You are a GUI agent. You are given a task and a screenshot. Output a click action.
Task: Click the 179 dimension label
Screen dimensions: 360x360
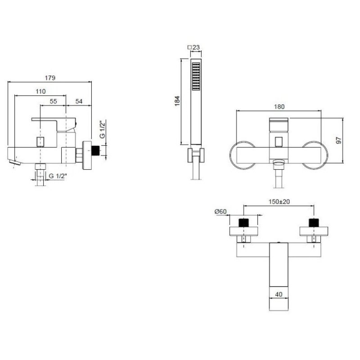[50, 78]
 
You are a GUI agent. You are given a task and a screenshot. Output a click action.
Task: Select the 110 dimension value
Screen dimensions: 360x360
[40, 91]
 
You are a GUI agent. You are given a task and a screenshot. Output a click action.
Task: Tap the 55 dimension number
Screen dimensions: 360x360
[53, 101]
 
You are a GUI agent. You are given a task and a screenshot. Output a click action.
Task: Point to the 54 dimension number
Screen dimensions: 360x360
[79, 101]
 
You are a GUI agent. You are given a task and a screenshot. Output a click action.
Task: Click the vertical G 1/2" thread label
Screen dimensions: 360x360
[103, 129]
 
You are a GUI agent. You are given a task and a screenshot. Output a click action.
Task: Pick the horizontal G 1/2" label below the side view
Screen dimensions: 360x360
[58, 176]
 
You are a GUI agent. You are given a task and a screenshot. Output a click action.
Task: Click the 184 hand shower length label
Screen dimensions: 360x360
[177, 101]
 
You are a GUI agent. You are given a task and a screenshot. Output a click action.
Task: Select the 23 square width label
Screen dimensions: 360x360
[194, 47]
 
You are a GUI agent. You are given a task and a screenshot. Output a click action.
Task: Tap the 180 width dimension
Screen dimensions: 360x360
[279, 107]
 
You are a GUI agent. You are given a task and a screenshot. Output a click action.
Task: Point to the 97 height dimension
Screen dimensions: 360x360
[339, 140]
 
